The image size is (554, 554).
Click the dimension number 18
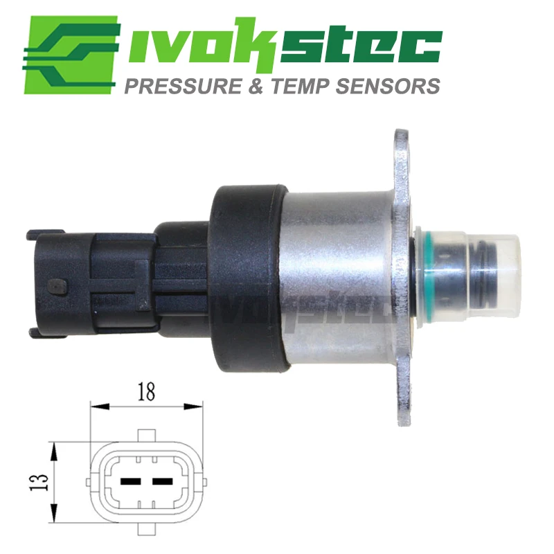pyautogui.click(x=147, y=392)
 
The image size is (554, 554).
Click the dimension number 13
pyautogui.click(x=39, y=482)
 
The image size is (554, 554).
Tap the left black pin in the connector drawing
pyautogui.click(x=131, y=481)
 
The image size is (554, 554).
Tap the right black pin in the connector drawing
pyautogui.click(x=163, y=481)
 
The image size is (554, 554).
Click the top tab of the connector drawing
pyautogui.click(x=147, y=435)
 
